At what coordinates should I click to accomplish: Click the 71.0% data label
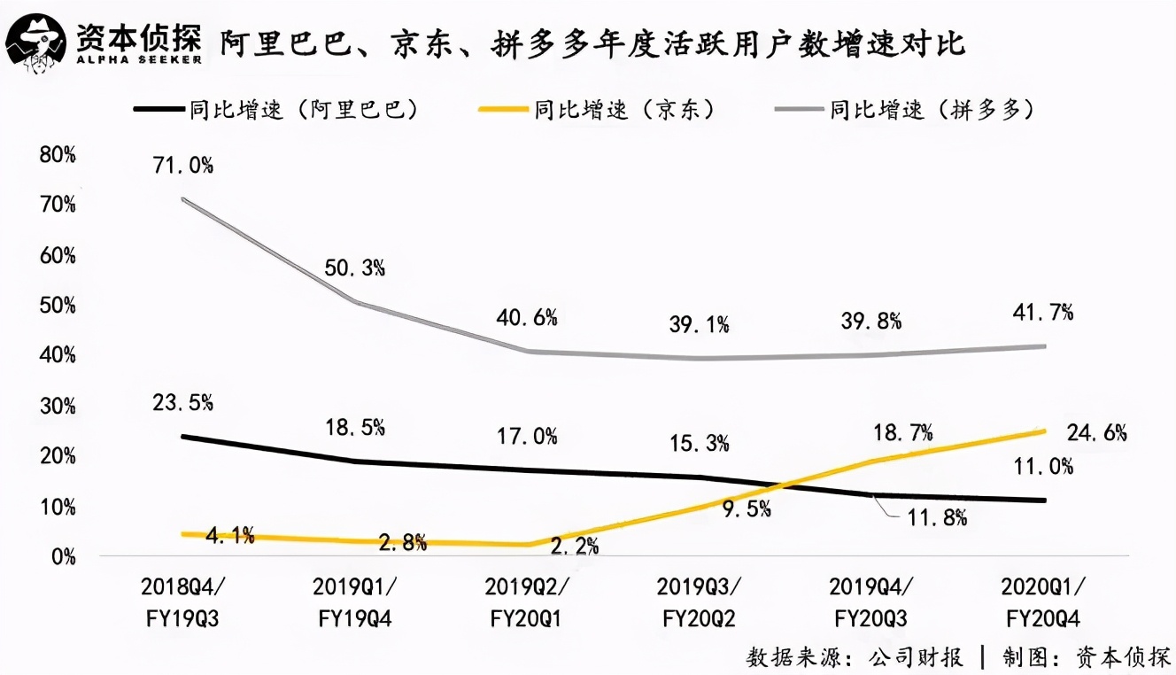(183, 165)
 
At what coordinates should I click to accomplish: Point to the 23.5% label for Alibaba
(183, 402)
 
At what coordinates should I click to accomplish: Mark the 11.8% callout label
(935, 518)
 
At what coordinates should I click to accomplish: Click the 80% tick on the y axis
(58, 155)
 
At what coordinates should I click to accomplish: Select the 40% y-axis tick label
(58, 356)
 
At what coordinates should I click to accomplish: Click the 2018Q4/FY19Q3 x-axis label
(184, 602)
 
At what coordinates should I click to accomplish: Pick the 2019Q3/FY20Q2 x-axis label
(700, 602)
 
